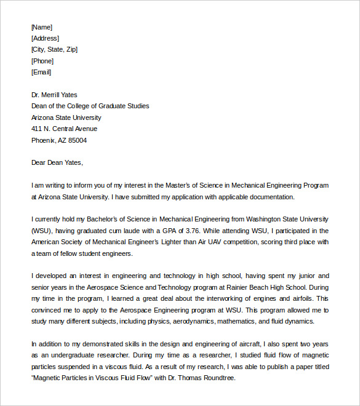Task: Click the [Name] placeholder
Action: (42, 27)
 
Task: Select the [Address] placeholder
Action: (45, 38)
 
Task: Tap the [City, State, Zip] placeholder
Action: (54, 49)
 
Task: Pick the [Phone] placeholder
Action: (42, 61)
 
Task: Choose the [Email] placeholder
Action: (41, 72)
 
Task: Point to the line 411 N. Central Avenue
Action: (64, 129)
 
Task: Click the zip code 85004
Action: (77, 140)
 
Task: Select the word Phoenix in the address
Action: (44, 140)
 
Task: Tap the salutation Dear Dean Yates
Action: (57, 162)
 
